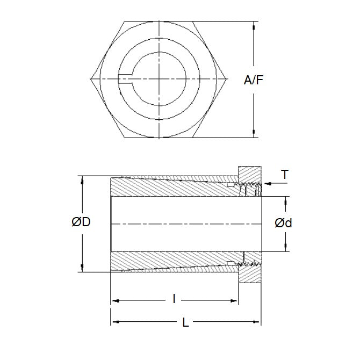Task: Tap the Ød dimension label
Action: click(283, 223)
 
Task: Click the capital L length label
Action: click(185, 323)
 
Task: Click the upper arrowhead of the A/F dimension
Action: click(253, 25)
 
